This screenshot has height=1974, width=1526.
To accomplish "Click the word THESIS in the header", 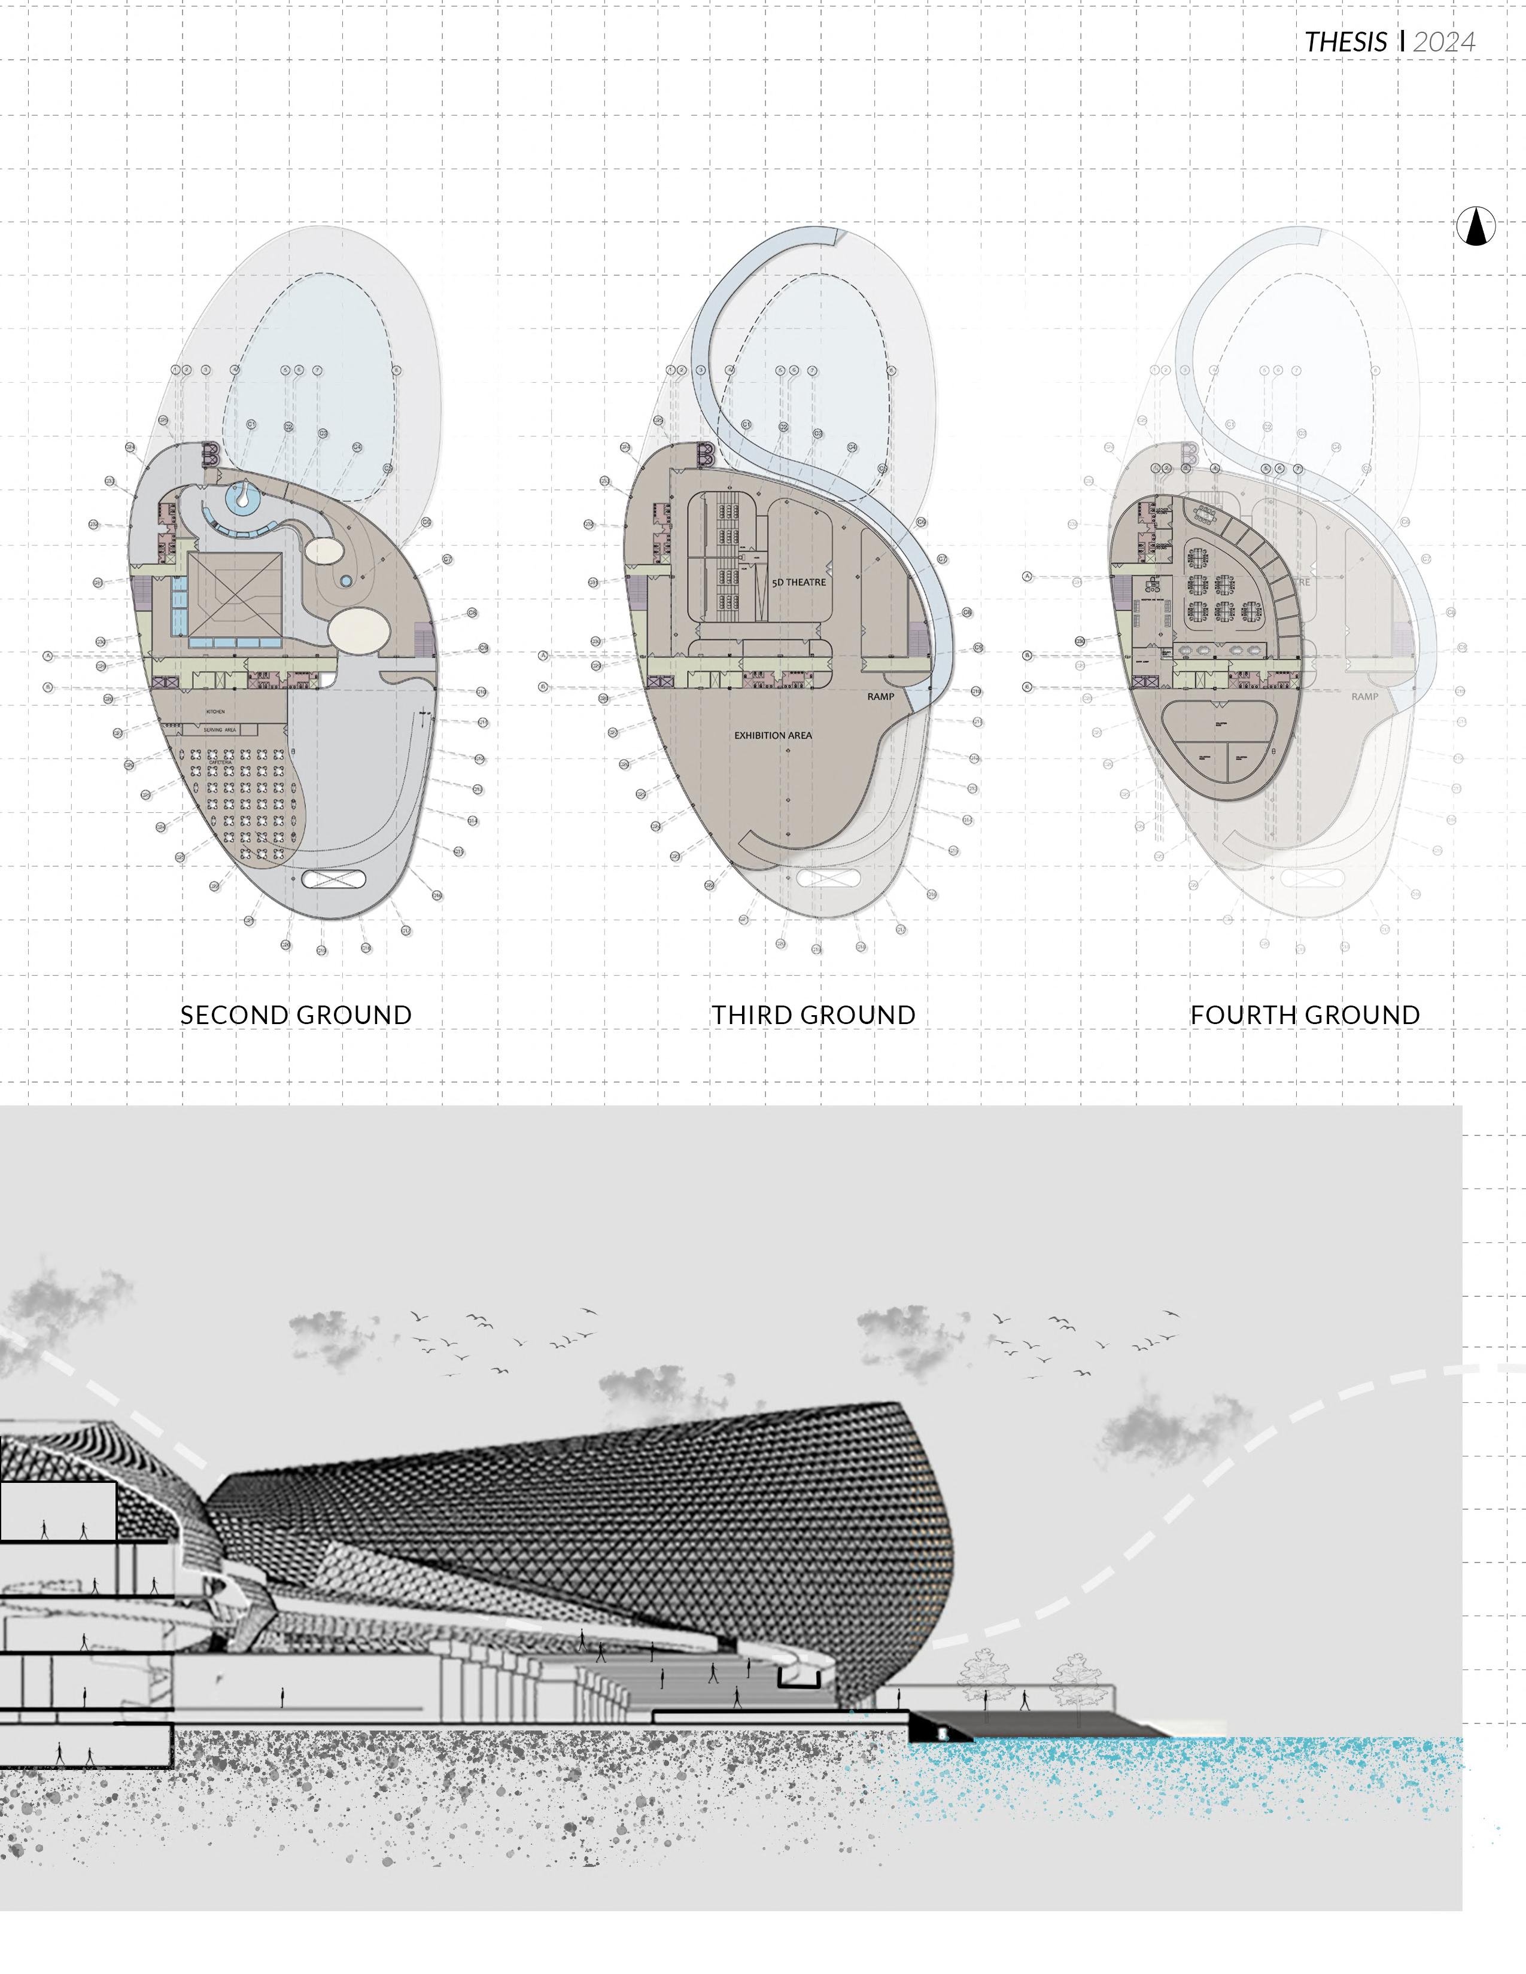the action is pos(1345,42).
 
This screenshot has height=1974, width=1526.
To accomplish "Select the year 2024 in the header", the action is pos(1444,42).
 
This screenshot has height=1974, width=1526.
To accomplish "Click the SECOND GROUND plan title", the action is pos(296,1015).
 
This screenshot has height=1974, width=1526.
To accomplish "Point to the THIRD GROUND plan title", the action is pos(813,1015).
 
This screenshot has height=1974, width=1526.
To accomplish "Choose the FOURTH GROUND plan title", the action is pos(1305,1015).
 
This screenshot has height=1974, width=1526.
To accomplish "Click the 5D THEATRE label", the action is pos(798,582).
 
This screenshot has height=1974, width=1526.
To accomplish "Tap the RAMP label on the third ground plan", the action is pos(880,697).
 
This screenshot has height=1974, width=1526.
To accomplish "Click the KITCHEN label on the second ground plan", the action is pos(215,712).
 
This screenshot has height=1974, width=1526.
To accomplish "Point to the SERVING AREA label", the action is pos(220,729).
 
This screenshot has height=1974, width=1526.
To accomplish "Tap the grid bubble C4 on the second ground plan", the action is pos(357,446).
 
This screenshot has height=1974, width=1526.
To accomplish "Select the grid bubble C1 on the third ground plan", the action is pos(747,424).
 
